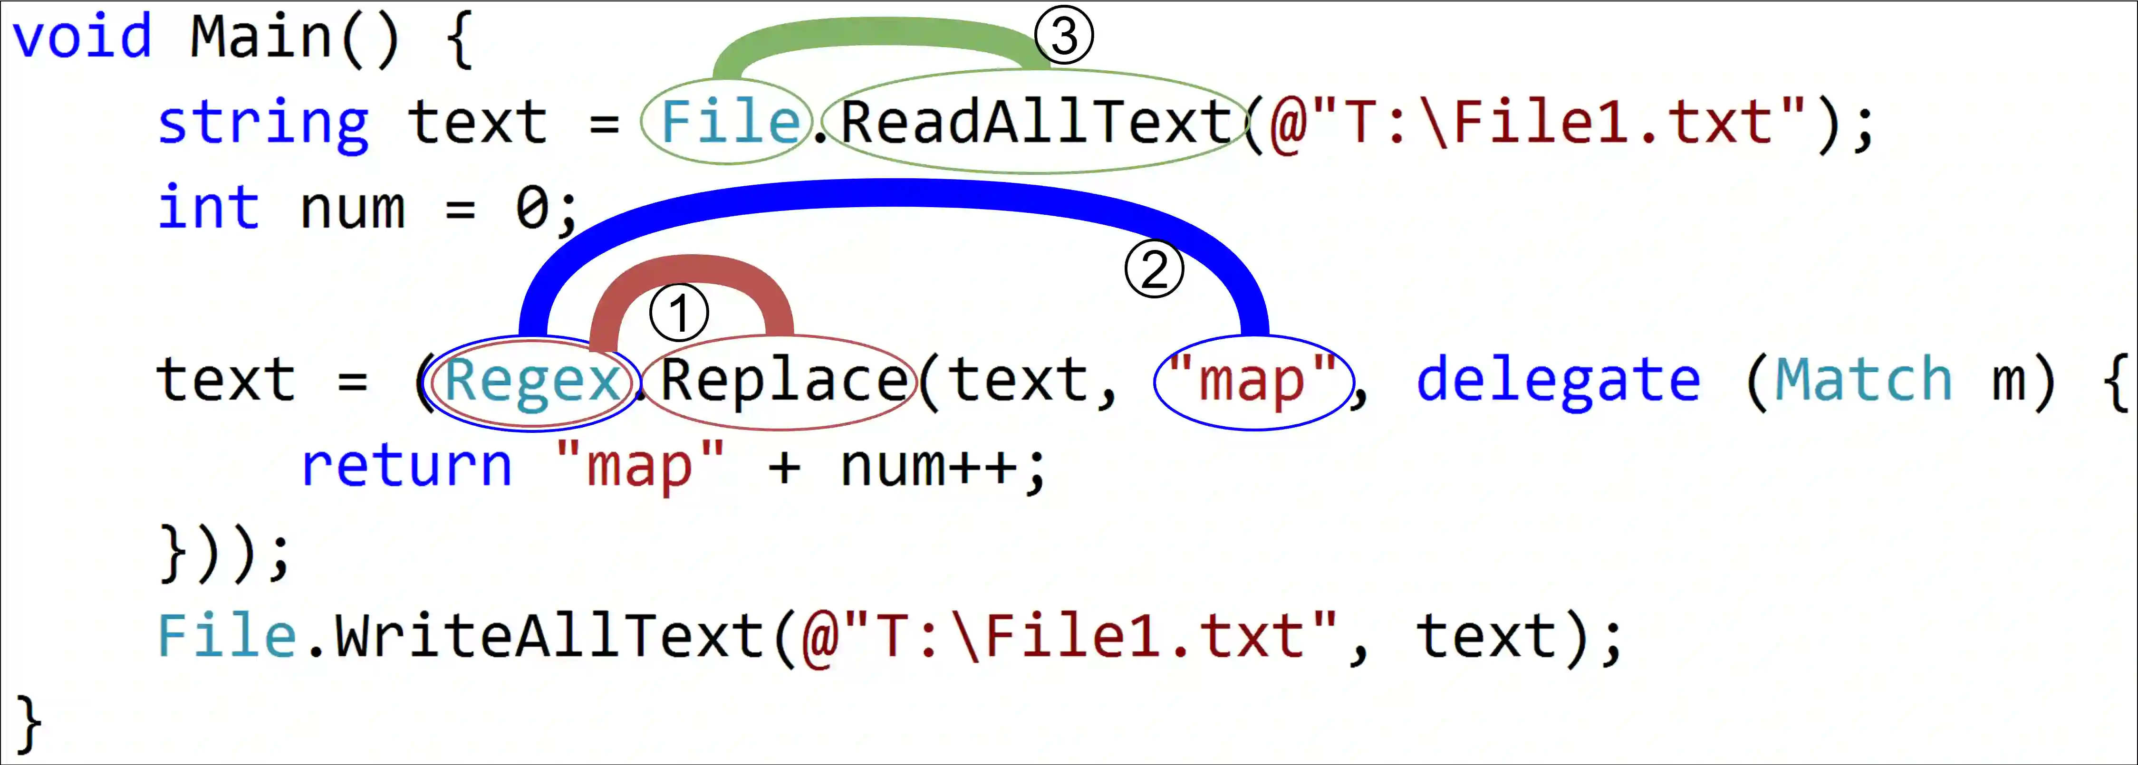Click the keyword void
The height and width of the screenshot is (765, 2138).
click(81, 38)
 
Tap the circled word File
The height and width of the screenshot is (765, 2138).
click(729, 122)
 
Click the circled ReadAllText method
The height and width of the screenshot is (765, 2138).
click(1036, 122)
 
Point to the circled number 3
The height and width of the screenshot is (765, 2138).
click(1064, 36)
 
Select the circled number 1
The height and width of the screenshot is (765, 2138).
click(679, 313)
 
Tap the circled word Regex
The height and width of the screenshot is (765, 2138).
click(531, 382)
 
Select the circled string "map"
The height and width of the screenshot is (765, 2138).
click(1253, 382)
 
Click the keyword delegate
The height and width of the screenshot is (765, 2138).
click(1557, 382)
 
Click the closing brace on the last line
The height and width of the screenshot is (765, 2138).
click(28, 724)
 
